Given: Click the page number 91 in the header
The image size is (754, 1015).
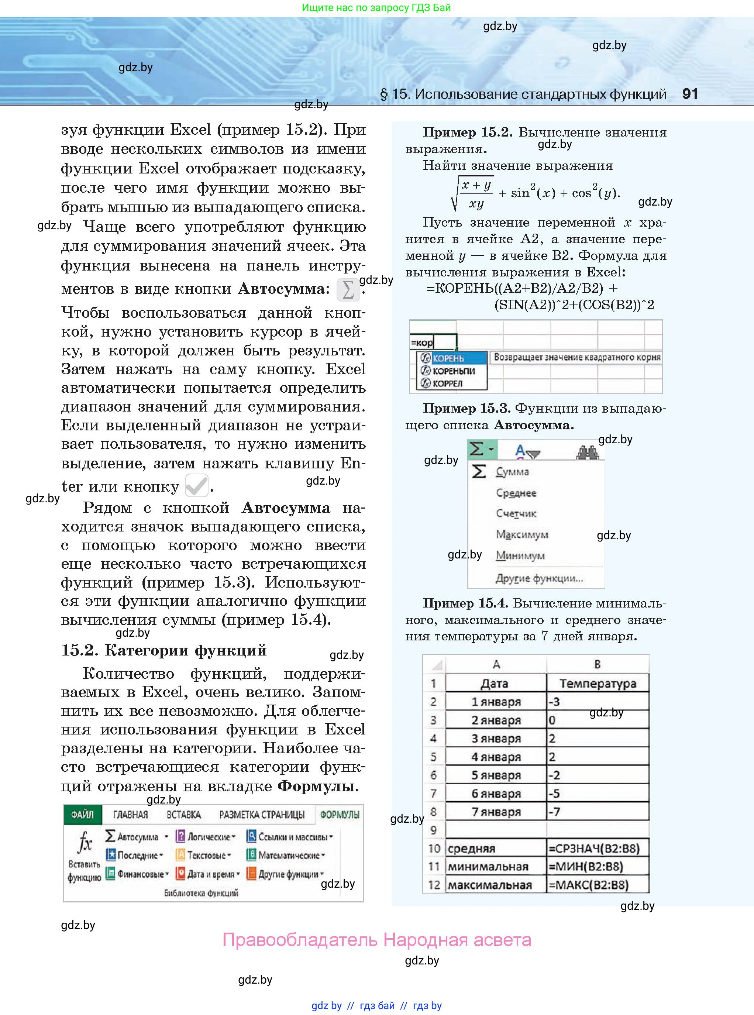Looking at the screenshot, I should (690, 94).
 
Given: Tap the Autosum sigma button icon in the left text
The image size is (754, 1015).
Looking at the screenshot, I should (348, 290).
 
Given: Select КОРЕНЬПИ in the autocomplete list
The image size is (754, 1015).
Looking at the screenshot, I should (454, 371).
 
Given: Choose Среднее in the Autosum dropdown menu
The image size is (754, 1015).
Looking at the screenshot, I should (516, 493).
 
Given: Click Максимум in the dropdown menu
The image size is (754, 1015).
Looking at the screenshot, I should (522, 534).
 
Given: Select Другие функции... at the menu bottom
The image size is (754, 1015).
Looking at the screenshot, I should (539, 579).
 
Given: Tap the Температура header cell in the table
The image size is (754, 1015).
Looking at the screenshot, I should (598, 683).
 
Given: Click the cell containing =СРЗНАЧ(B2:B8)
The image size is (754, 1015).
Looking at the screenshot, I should (598, 849).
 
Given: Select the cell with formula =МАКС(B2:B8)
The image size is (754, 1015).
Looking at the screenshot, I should (598, 885).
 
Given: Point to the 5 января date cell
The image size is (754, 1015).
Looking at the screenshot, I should (496, 775).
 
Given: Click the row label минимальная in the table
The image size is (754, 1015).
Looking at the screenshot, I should (488, 867).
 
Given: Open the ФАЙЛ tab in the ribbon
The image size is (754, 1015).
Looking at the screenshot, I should (82, 815).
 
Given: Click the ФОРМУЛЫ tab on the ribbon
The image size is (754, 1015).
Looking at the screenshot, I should (340, 815).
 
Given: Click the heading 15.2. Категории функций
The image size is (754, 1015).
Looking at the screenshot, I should (163, 650).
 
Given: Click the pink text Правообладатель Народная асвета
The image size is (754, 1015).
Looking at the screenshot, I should (376, 940).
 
